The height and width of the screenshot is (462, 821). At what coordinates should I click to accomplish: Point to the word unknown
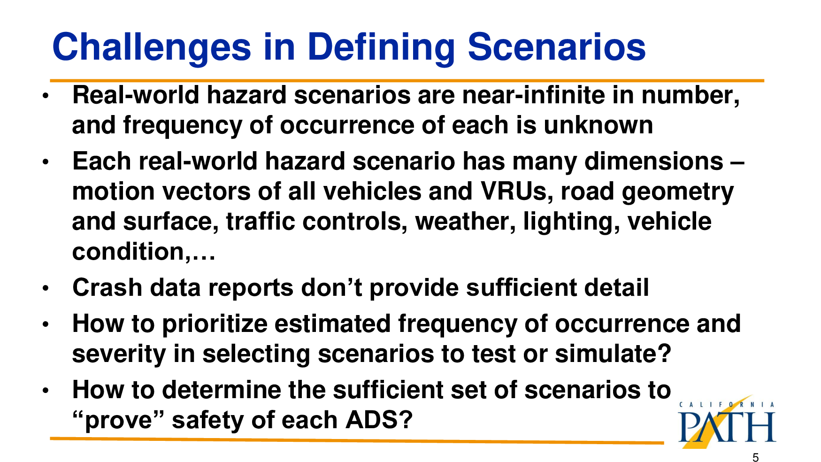coord(598,125)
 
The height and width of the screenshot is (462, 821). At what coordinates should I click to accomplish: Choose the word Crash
coord(107,287)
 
